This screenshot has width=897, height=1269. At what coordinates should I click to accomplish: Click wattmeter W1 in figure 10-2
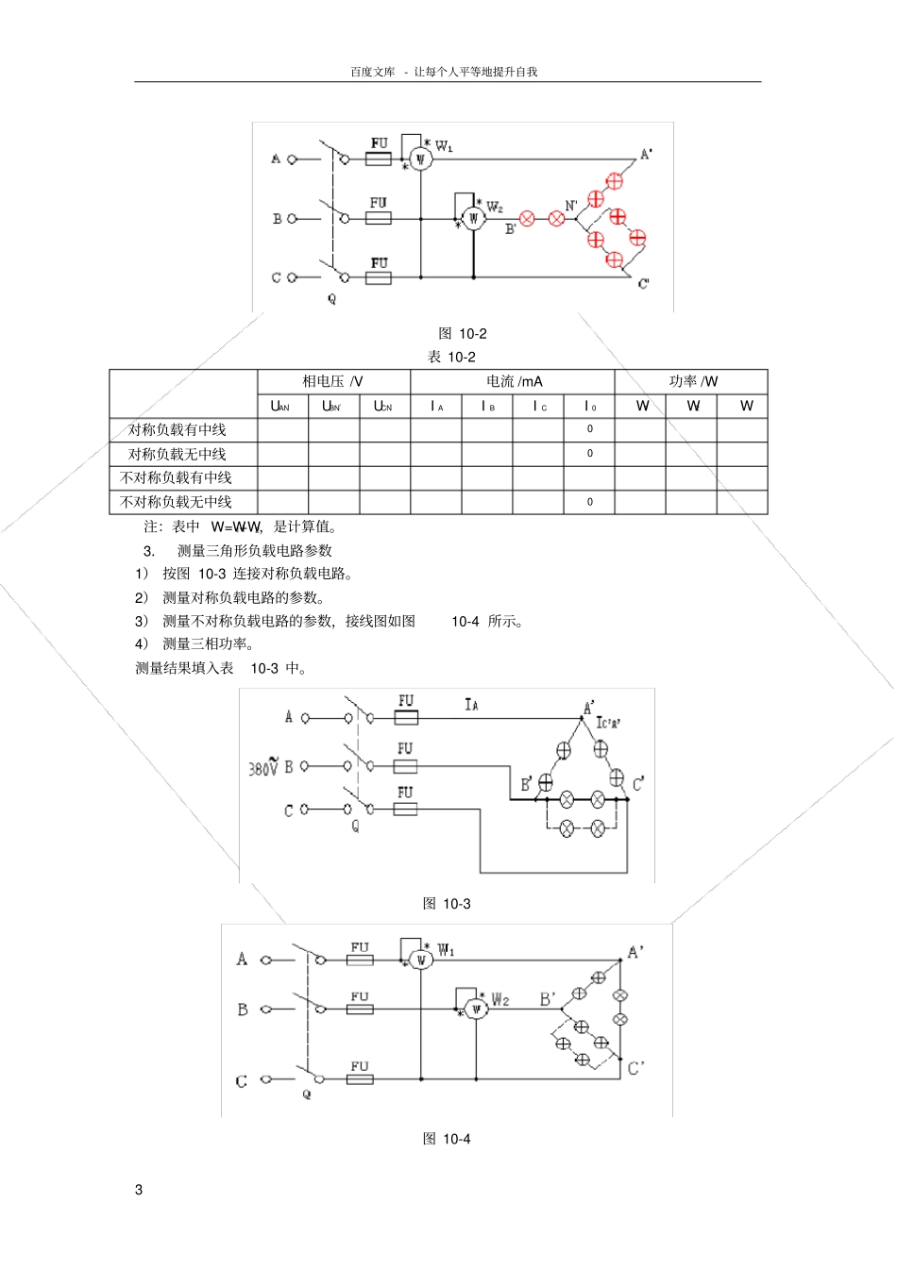(421, 159)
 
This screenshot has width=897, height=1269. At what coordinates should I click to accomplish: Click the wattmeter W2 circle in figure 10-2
(473, 219)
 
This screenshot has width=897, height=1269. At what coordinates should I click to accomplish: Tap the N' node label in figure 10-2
(571, 205)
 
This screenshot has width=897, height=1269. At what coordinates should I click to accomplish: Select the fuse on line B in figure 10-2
(379, 218)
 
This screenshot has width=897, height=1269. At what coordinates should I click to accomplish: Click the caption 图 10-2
(463, 333)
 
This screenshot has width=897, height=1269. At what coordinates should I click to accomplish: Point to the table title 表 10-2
(451, 357)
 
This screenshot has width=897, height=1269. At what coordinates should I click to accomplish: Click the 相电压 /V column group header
(332, 381)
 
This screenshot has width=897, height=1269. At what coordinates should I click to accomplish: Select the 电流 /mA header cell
(514, 381)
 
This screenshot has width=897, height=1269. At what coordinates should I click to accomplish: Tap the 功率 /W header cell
(693, 381)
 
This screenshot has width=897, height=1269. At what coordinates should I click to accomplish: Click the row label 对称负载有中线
(178, 430)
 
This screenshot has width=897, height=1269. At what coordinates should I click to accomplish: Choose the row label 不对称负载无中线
(176, 502)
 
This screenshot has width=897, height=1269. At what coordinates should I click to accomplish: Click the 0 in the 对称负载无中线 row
(590, 454)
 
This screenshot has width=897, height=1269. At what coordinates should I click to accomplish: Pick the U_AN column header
(280, 407)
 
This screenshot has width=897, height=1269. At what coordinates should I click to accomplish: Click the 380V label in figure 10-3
(263, 767)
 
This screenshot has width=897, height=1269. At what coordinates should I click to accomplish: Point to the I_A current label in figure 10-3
(471, 704)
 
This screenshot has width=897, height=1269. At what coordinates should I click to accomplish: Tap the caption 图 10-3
(447, 903)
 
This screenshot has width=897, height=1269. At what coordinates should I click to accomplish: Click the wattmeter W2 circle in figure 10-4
(476, 1010)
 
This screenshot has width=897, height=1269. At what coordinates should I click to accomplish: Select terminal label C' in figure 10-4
(636, 1068)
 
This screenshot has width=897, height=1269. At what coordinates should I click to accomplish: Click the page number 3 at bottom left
(139, 1190)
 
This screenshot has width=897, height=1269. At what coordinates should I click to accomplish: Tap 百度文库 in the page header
(372, 72)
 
